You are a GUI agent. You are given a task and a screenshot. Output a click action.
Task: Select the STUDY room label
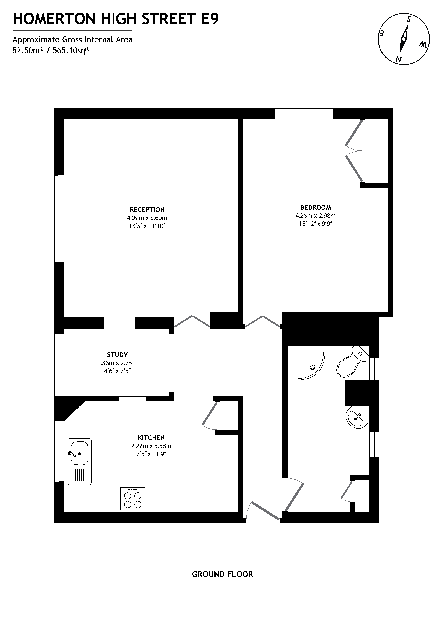[x=117, y=355]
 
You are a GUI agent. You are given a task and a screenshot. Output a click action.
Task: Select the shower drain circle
[x=312, y=367]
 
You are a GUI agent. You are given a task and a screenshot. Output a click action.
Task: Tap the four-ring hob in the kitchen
[x=133, y=500]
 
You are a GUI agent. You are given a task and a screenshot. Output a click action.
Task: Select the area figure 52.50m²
[x=27, y=51]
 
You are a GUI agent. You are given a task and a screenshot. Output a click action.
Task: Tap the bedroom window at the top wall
[x=304, y=113]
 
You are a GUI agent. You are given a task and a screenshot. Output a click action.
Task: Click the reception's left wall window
[x=59, y=219]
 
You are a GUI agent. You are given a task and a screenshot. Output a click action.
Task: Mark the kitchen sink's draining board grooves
[x=79, y=474]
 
